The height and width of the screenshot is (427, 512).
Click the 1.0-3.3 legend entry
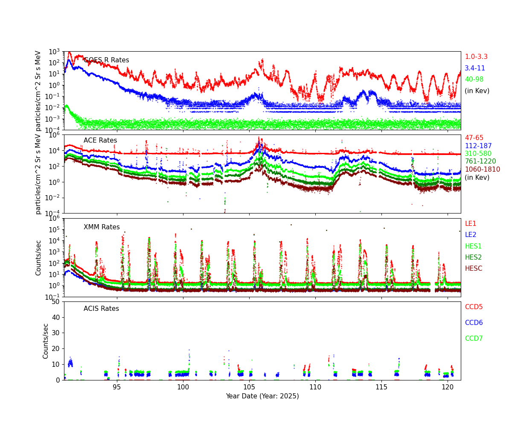[x=476, y=57]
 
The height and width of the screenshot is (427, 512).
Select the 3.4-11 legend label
[x=474, y=68]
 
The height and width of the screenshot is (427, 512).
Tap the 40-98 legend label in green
[x=474, y=79]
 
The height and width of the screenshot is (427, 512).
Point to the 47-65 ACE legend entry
[x=474, y=138]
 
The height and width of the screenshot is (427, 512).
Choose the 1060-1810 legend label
[x=482, y=170]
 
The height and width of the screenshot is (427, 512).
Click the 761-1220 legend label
[x=480, y=161]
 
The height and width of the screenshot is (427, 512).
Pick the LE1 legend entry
[x=470, y=224]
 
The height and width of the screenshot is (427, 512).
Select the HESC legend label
[x=473, y=269]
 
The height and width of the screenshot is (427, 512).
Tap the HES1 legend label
[x=473, y=246]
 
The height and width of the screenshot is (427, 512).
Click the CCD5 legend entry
[x=474, y=307]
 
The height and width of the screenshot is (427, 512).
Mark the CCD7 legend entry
[x=474, y=339]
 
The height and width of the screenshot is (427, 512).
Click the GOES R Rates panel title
[x=106, y=60]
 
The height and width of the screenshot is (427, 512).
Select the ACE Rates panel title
[x=100, y=140]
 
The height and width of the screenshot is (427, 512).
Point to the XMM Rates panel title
[x=102, y=227]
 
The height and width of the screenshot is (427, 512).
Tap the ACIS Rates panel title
[x=101, y=309]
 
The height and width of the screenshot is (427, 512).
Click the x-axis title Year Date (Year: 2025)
[x=262, y=396]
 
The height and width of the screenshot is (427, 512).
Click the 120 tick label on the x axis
[x=448, y=387]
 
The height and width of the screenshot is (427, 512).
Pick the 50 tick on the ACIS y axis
[x=55, y=302]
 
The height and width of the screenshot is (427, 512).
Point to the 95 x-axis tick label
[x=116, y=387]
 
